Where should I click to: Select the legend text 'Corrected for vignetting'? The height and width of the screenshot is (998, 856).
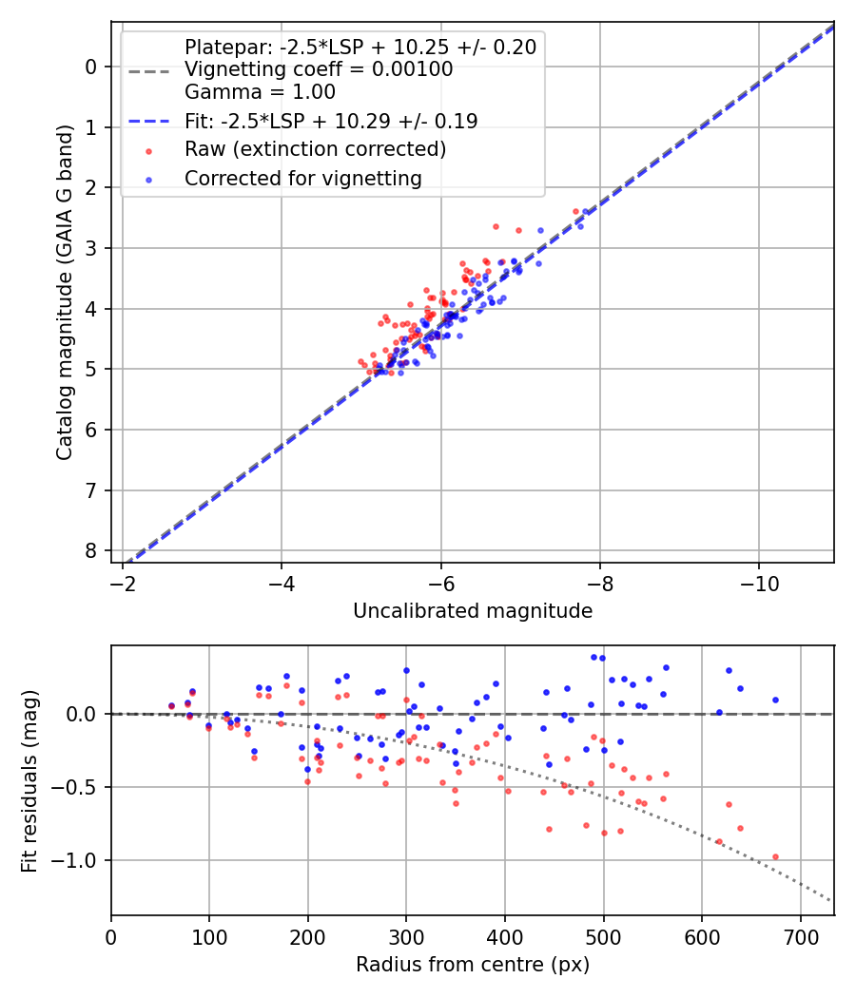click(302, 178)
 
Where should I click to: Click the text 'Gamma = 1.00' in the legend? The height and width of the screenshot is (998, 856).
click(260, 92)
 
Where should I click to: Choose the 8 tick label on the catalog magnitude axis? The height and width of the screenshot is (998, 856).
click(91, 551)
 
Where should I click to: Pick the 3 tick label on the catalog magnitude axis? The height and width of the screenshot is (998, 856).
click(91, 248)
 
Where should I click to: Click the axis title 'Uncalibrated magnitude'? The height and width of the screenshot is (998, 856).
click(473, 611)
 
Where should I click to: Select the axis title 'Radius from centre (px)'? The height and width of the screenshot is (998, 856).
click(473, 965)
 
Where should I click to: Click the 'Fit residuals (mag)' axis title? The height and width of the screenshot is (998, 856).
click(29, 779)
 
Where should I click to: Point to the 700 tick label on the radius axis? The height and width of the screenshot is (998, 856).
click(800, 935)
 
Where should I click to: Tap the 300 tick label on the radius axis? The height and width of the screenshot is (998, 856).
click(406, 935)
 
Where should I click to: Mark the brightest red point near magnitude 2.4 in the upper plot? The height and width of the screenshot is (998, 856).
click(575, 211)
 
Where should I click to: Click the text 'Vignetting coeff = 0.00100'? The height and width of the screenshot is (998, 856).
click(319, 69)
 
